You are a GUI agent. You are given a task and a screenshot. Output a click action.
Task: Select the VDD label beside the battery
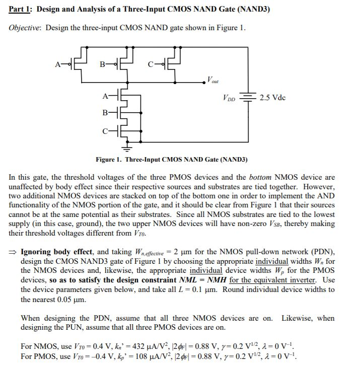click(228, 98)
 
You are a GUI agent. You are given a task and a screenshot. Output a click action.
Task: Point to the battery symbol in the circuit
click(247, 97)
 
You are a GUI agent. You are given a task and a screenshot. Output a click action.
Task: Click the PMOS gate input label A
click(58, 64)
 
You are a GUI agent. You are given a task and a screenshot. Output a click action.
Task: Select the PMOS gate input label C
click(151, 64)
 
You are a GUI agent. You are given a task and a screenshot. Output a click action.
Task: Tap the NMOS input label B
click(105, 113)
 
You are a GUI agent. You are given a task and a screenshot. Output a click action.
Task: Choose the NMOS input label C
click(105, 132)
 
